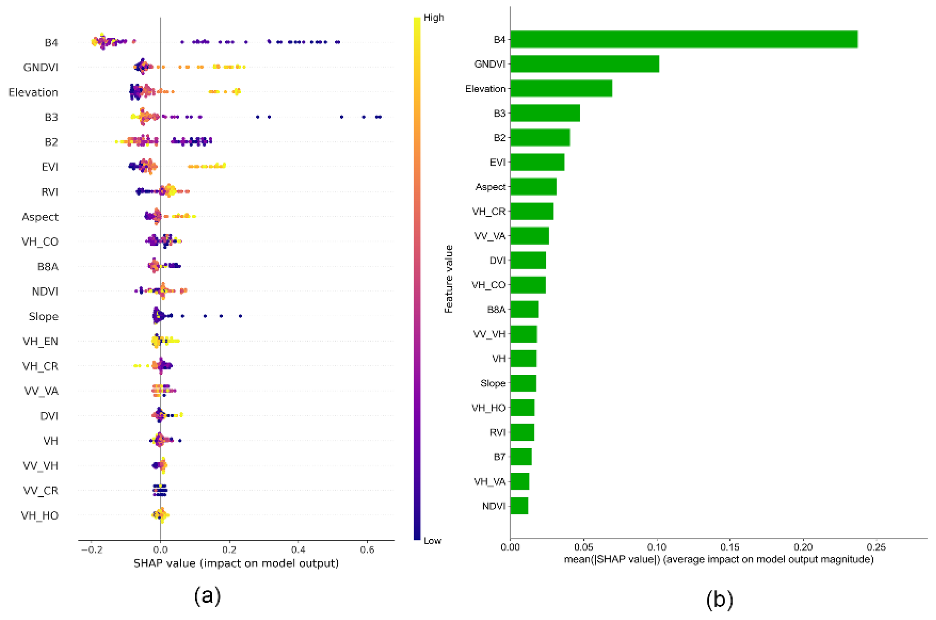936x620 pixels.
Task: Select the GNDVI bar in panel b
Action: click(x=584, y=64)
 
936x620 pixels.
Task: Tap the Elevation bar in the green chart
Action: click(x=561, y=88)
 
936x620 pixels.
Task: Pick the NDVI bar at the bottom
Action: click(x=519, y=506)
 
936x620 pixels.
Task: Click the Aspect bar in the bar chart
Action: click(x=533, y=186)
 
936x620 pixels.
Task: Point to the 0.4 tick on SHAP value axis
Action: click(x=298, y=549)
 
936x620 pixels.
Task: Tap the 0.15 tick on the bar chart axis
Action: click(x=730, y=547)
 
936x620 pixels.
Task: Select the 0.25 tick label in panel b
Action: click(x=876, y=547)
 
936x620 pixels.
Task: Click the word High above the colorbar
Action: click(x=434, y=18)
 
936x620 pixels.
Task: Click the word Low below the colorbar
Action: click(x=432, y=541)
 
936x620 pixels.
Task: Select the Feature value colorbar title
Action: click(x=449, y=279)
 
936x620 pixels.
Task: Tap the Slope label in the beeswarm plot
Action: click(x=43, y=316)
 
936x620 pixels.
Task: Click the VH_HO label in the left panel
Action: click(x=40, y=516)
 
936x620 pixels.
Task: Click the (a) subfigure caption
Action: click(x=207, y=596)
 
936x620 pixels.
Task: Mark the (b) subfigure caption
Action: click(x=719, y=599)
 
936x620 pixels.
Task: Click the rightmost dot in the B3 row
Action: click(x=380, y=117)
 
